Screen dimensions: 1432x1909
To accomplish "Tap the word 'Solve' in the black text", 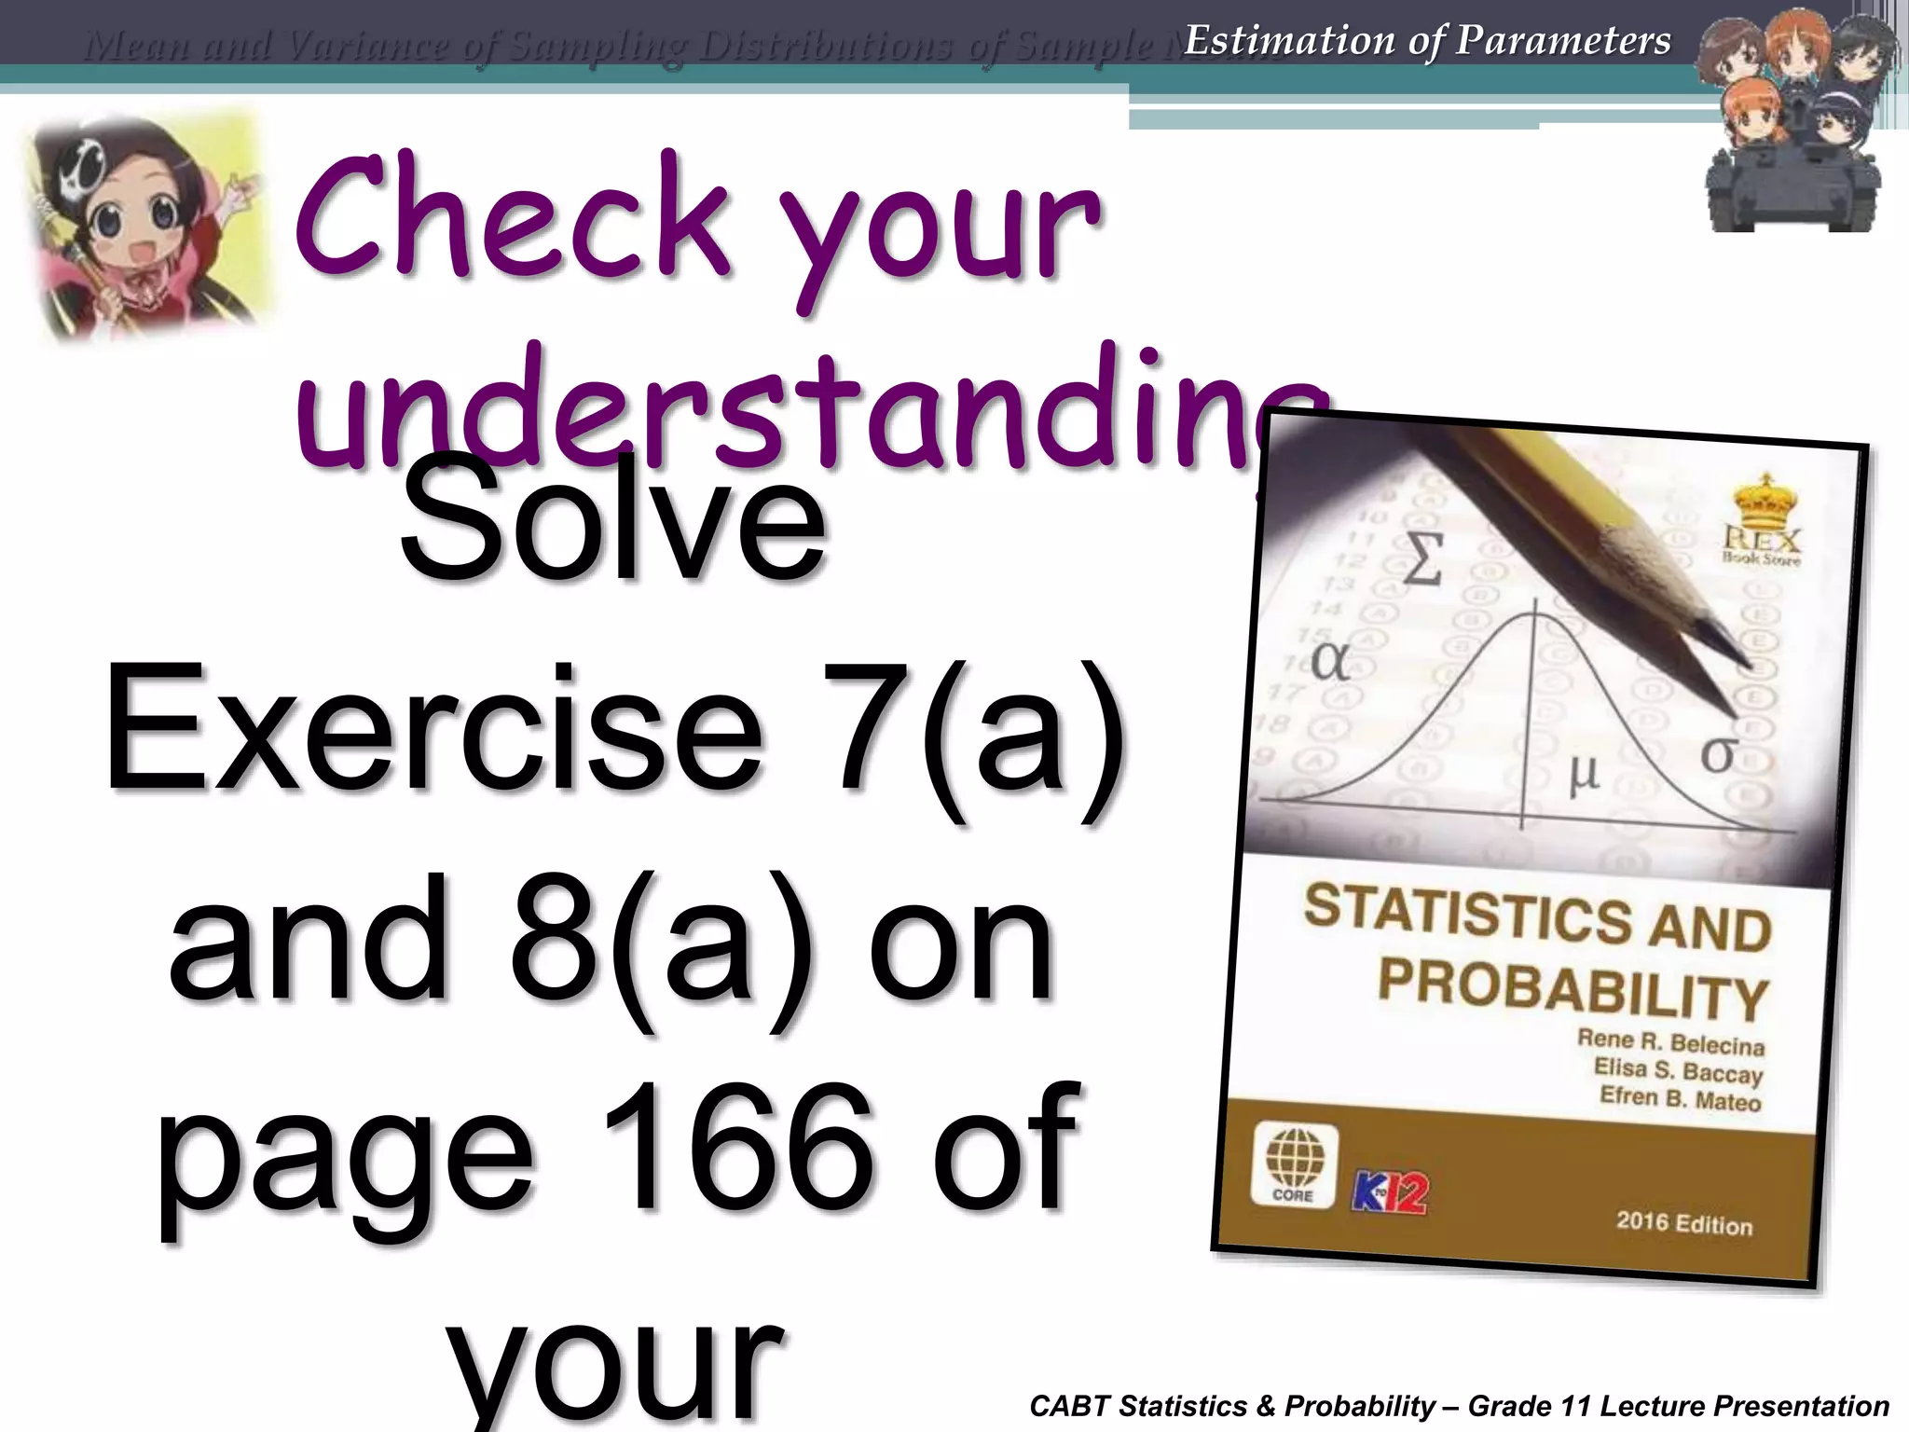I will coord(613,528).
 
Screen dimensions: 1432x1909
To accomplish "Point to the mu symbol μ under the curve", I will coord(1582,773).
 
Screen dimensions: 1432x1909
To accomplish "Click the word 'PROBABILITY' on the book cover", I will coord(1573,988).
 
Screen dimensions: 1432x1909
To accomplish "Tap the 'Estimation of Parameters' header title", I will coord(1427,40).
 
